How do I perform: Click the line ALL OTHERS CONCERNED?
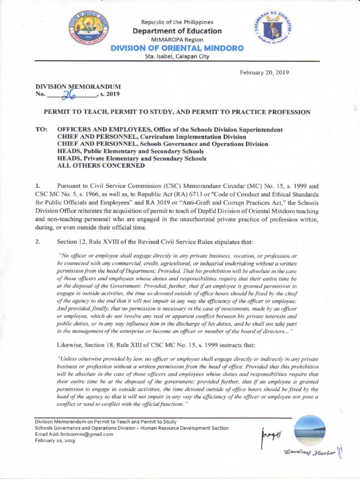click(x=94, y=165)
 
